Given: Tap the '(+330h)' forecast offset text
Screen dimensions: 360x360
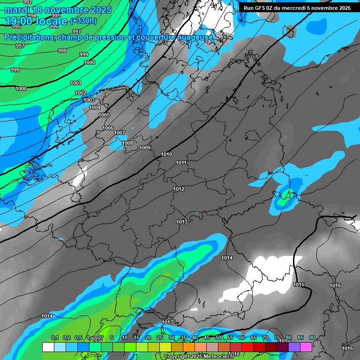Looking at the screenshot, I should coord(83,21).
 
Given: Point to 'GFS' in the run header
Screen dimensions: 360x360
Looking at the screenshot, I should coord(261,8).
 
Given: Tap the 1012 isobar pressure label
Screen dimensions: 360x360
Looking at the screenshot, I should coord(179,189).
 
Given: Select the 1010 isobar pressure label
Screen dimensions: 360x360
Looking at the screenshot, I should coord(166,154).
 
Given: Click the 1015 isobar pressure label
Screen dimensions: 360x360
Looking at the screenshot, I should coord(299,285).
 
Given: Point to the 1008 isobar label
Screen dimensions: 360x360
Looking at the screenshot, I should coord(127,143).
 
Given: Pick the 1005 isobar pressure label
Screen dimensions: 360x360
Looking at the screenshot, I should coord(104,115).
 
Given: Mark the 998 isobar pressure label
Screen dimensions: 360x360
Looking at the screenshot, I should coord(62,51).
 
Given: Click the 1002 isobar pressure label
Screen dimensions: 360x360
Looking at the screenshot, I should coord(81,93).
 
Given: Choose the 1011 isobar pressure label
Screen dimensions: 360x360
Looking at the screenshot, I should coord(181,163).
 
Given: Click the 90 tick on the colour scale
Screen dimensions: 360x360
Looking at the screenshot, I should coord(312,337).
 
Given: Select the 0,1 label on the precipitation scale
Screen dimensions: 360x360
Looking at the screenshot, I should coord(54,337).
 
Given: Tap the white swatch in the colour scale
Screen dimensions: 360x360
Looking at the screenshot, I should coord(48,347).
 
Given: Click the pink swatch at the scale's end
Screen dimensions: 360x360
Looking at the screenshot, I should coord(306,347).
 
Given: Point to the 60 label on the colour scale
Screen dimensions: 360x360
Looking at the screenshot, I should coord(242,337).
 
